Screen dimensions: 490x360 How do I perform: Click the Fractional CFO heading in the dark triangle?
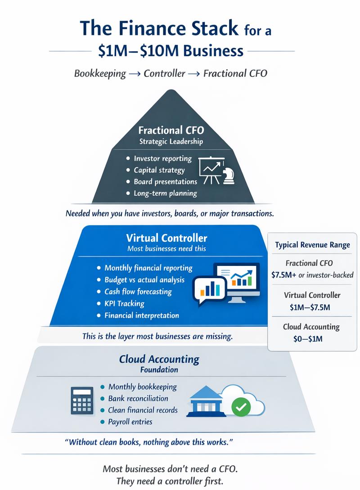171,130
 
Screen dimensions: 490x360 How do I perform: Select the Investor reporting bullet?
162,158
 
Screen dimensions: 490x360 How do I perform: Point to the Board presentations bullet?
165,182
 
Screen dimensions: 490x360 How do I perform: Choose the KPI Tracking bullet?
124,303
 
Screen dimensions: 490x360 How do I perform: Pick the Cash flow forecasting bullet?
138,292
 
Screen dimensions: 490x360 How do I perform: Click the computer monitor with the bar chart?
238,281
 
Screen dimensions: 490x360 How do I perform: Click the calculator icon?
82,400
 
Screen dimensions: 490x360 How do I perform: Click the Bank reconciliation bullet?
138,398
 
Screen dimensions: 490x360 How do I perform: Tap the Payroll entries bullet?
130,422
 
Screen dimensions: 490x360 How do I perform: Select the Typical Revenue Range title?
312,245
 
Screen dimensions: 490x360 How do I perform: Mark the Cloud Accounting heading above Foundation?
159,359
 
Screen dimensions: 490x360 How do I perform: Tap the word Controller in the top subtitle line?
164,73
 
